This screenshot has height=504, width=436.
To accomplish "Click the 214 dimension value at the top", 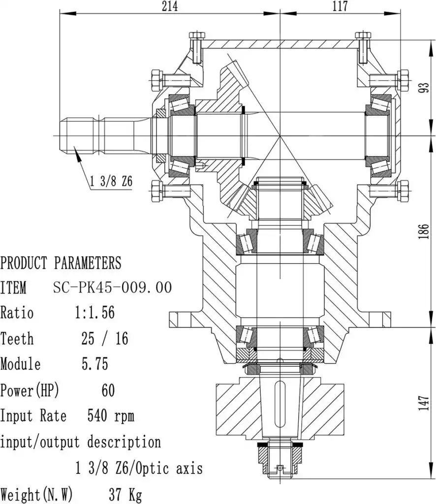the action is point(170,6).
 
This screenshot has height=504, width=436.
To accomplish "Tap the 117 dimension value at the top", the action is point(340,6).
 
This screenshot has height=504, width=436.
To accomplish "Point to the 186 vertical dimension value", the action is point(424,231).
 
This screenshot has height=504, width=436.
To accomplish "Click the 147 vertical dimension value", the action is point(424,403).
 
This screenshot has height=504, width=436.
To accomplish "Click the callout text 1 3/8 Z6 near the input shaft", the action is point(111,181).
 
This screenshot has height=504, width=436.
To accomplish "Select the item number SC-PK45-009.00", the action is point(113,287).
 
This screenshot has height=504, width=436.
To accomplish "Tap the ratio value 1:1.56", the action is point(95,313).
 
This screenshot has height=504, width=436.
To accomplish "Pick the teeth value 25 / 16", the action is point(105,338).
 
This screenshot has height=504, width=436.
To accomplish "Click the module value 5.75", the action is point(95,364).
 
